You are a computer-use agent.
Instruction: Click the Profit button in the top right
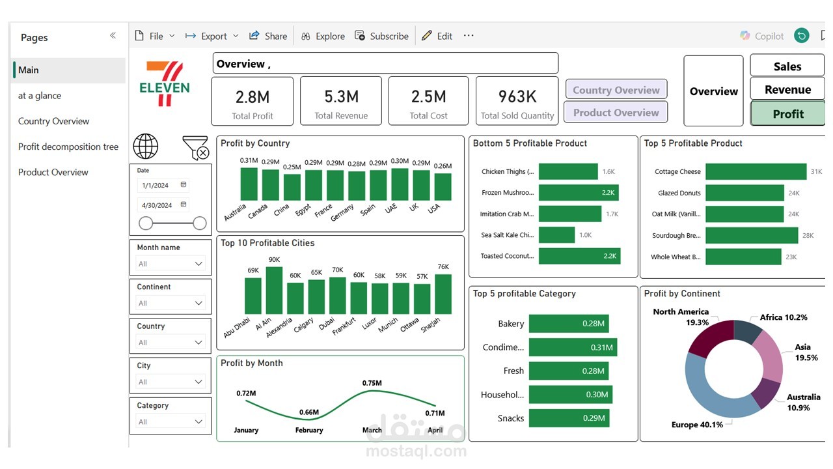coord(787,113)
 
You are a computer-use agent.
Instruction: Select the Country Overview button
coord(616,90)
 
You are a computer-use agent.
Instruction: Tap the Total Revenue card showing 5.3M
coord(341,101)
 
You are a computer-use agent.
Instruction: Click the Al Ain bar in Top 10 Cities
coord(274,291)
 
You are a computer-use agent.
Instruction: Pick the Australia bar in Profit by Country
coord(249,184)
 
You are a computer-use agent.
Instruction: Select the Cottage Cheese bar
coord(756,171)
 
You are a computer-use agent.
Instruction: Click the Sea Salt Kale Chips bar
coord(556,235)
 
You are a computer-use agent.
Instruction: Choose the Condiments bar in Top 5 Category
coord(573,347)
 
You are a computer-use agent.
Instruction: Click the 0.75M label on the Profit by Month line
coord(372,383)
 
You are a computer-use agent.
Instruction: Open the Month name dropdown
coord(171,264)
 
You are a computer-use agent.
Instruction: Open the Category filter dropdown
coord(171,421)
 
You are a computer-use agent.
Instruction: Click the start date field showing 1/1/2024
coord(163,185)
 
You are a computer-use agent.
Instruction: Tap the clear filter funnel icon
coord(196,148)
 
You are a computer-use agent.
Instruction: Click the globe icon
coord(145,147)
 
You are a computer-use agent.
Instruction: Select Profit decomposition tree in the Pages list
coord(68,147)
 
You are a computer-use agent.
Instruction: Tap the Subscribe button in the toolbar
coord(381,36)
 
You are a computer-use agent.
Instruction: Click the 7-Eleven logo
coord(165,84)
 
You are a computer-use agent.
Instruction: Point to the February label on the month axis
coord(309,430)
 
